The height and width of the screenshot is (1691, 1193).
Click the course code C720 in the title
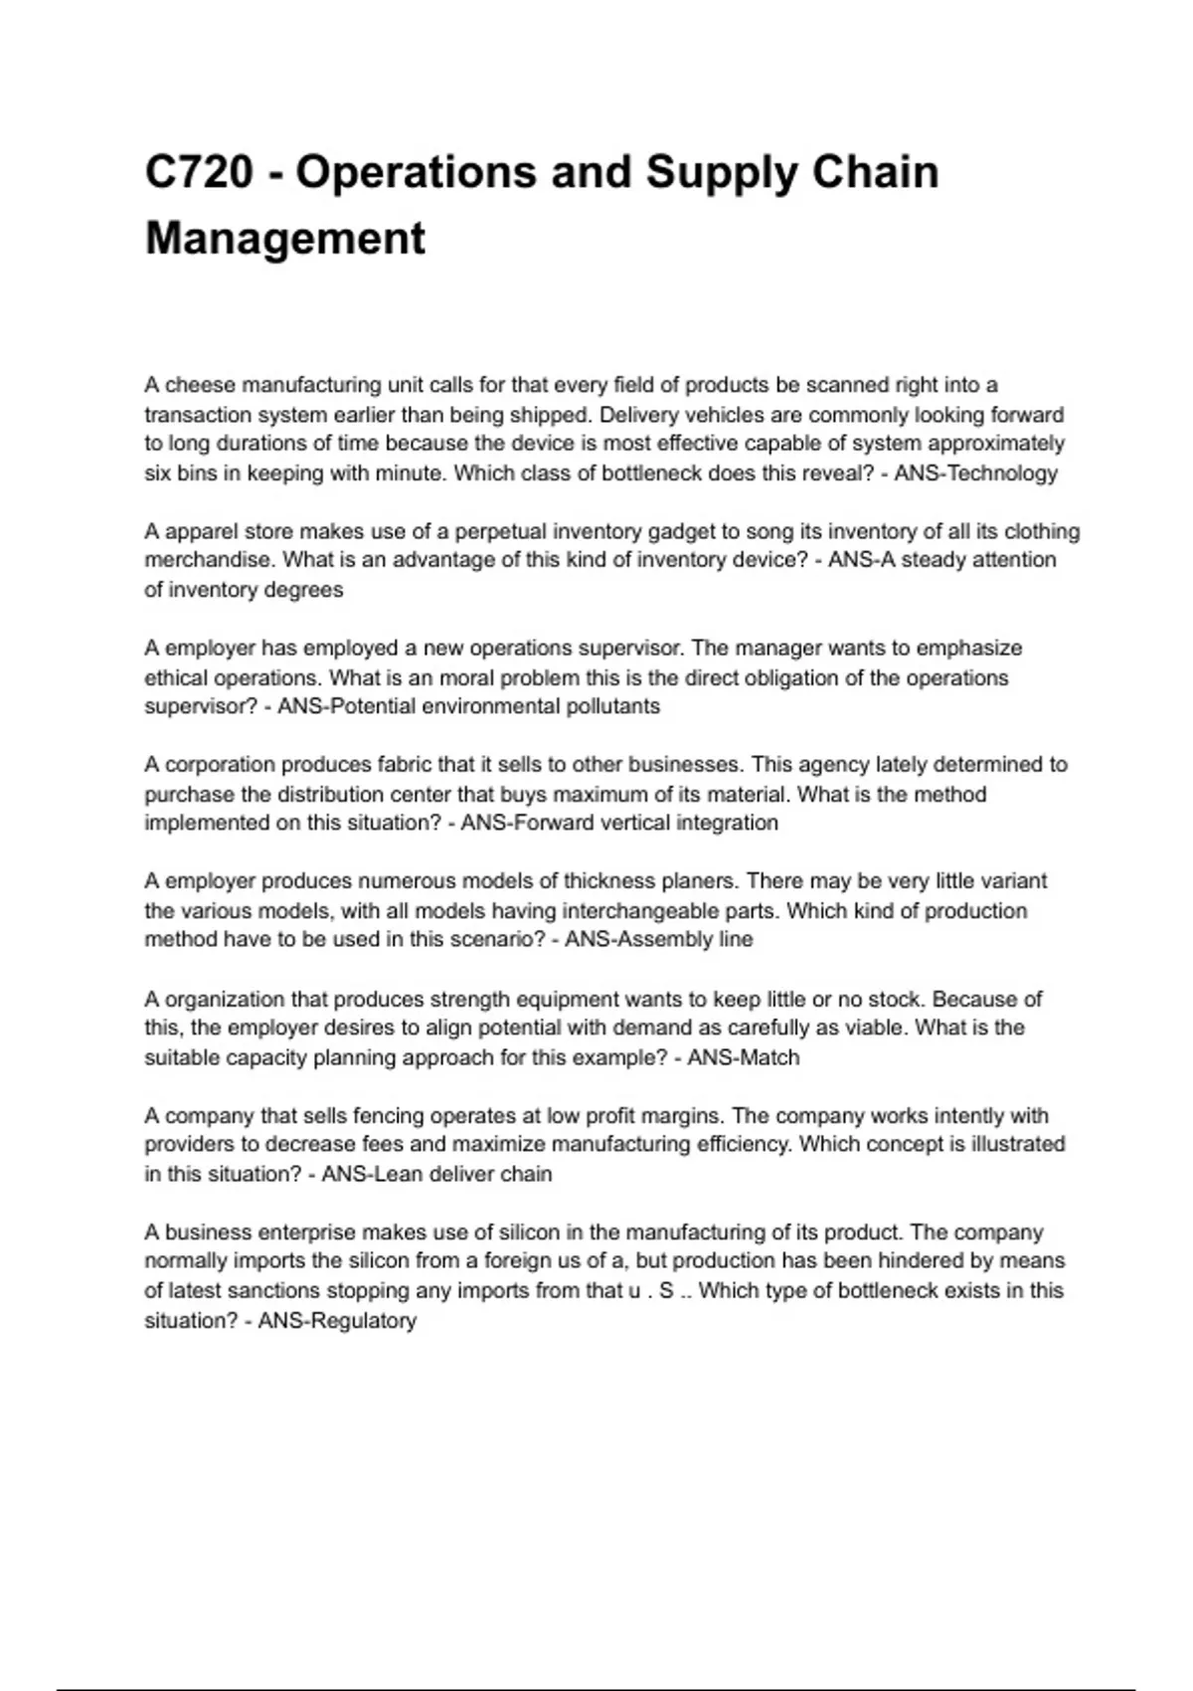(199, 172)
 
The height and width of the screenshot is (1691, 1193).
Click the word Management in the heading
(285, 239)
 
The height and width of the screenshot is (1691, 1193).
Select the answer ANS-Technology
(975, 473)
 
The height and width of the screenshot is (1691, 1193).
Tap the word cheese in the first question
(200, 385)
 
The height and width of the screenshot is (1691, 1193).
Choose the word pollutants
(612, 706)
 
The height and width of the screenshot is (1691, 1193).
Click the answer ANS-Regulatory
(337, 1321)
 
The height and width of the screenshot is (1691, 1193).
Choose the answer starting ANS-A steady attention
(941, 560)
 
